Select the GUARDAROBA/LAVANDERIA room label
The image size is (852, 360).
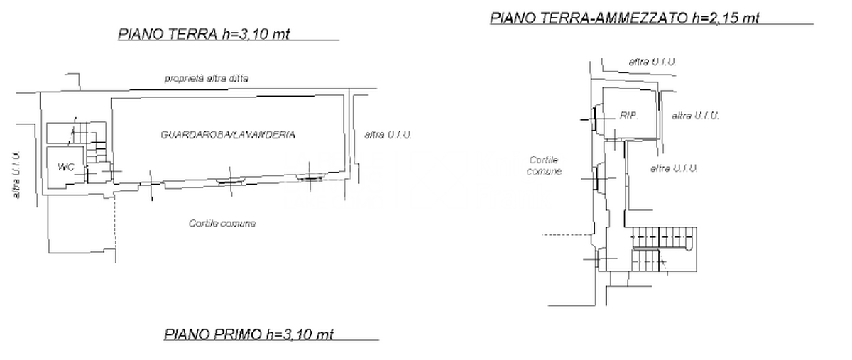pyautogui.click(x=228, y=134)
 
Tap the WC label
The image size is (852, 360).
pyautogui.click(x=66, y=168)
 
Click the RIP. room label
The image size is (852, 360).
pyautogui.click(x=629, y=115)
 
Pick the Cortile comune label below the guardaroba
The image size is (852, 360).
pyautogui.click(x=222, y=223)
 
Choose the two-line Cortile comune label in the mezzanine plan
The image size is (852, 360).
pyautogui.click(x=545, y=165)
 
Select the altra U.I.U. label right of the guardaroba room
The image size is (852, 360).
pyautogui.click(x=388, y=134)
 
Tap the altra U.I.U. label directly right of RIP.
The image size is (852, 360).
pyautogui.click(x=696, y=115)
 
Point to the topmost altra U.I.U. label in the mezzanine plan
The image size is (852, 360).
pyautogui.click(x=652, y=62)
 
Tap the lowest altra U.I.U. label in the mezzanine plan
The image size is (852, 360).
pyautogui.click(x=674, y=168)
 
